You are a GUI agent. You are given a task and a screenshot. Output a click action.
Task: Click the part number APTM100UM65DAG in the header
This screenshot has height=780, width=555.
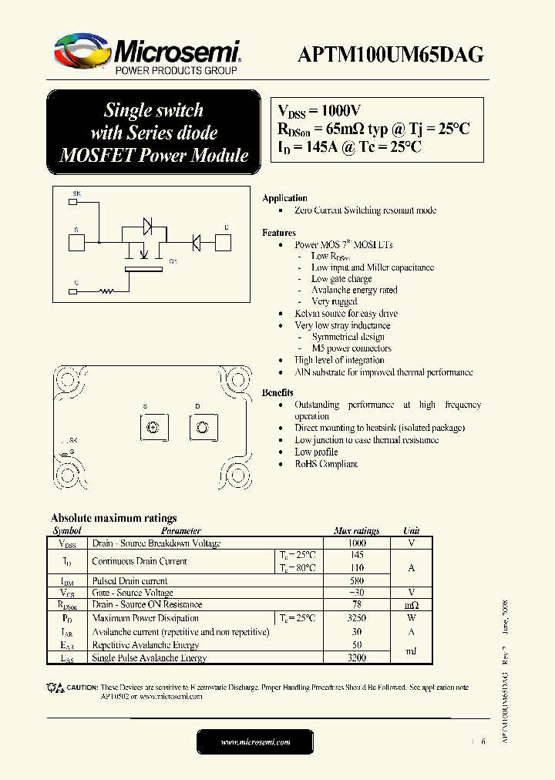tap(392, 54)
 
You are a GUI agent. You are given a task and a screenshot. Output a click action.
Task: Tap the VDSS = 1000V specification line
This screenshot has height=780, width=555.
tap(320, 110)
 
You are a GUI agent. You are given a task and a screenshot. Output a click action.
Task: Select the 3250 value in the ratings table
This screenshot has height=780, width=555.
tap(356, 618)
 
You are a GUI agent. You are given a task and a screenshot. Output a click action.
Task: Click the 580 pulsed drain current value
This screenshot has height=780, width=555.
tap(356, 581)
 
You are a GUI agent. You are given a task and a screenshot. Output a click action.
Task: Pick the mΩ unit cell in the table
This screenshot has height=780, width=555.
tap(411, 605)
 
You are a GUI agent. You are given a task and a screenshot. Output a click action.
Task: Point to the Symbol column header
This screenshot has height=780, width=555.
tap(66, 531)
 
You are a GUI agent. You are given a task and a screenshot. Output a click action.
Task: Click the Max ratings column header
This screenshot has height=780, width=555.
tap(356, 531)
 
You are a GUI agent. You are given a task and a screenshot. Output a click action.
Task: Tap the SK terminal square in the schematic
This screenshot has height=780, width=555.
tap(73, 202)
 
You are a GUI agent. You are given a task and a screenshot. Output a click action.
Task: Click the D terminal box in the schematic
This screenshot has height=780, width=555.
tap(224, 243)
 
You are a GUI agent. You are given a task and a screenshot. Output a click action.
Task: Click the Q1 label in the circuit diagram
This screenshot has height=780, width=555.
tap(173, 262)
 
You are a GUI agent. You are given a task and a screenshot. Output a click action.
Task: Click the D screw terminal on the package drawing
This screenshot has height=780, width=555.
tap(202, 428)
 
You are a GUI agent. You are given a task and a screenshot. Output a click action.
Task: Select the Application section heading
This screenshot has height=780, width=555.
tap(284, 198)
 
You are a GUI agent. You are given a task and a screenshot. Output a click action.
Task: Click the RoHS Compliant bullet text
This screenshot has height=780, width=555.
tap(326, 464)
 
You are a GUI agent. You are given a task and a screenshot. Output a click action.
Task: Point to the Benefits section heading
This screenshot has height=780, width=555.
tap(277, 392)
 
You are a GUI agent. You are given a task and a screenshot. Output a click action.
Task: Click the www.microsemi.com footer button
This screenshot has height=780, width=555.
tap(255, 741)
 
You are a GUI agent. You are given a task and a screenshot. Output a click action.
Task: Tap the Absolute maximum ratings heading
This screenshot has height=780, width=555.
tap(113, 518)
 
